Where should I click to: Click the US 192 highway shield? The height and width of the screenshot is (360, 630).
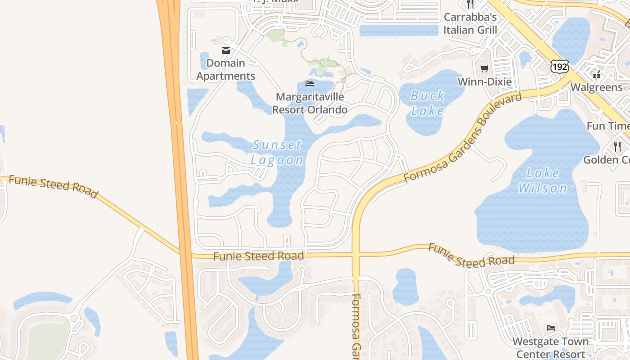[559, 67]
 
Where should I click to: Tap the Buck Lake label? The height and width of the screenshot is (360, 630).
[427, 103]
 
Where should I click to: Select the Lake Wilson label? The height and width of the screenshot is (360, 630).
[542, 180]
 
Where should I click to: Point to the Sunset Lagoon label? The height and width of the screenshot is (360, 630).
[276, 152]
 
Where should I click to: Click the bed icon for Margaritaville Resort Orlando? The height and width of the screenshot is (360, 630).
[309, 83]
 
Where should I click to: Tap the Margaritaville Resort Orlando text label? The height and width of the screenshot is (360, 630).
[310, 103]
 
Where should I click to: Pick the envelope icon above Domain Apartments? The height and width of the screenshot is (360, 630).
[226, 50]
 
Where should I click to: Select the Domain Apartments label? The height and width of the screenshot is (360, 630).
[226, 69]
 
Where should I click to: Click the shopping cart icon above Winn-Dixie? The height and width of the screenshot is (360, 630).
[484, 69]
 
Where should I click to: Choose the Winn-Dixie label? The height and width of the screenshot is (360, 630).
[485, 82]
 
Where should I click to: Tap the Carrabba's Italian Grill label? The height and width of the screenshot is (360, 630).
[470, 23]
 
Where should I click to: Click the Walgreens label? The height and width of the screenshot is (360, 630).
[596, 87]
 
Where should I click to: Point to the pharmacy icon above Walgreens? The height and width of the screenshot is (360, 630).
[597, 74]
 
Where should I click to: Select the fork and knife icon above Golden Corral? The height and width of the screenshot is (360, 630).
[617, 146]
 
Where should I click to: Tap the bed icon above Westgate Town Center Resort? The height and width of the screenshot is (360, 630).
[550, 328]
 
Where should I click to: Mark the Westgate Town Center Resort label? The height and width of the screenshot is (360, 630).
[550, 347]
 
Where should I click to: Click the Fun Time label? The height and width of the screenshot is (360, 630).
[608, 126]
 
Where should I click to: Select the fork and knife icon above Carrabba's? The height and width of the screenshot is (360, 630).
[470, 4]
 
